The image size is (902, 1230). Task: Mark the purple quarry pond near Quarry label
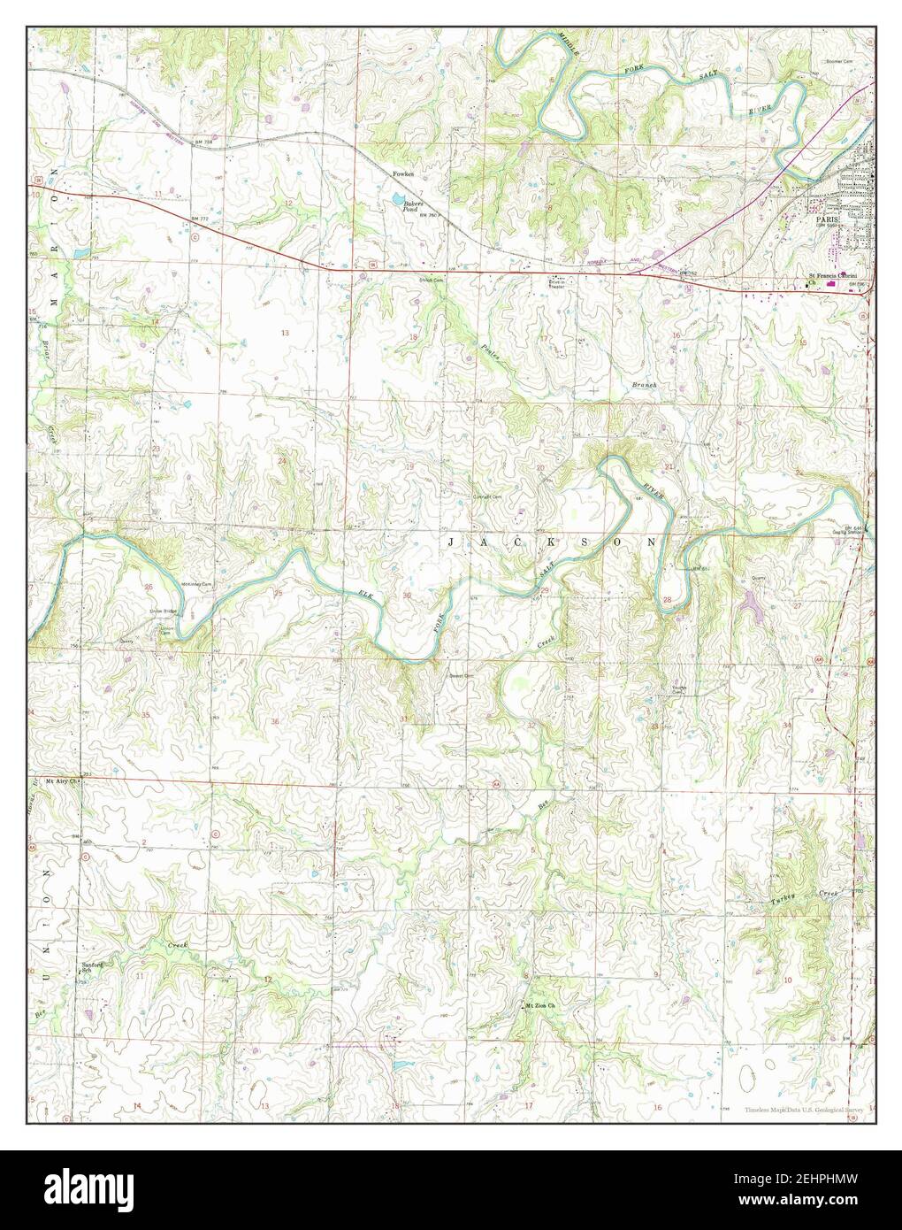751,603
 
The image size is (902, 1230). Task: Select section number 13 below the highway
285,333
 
